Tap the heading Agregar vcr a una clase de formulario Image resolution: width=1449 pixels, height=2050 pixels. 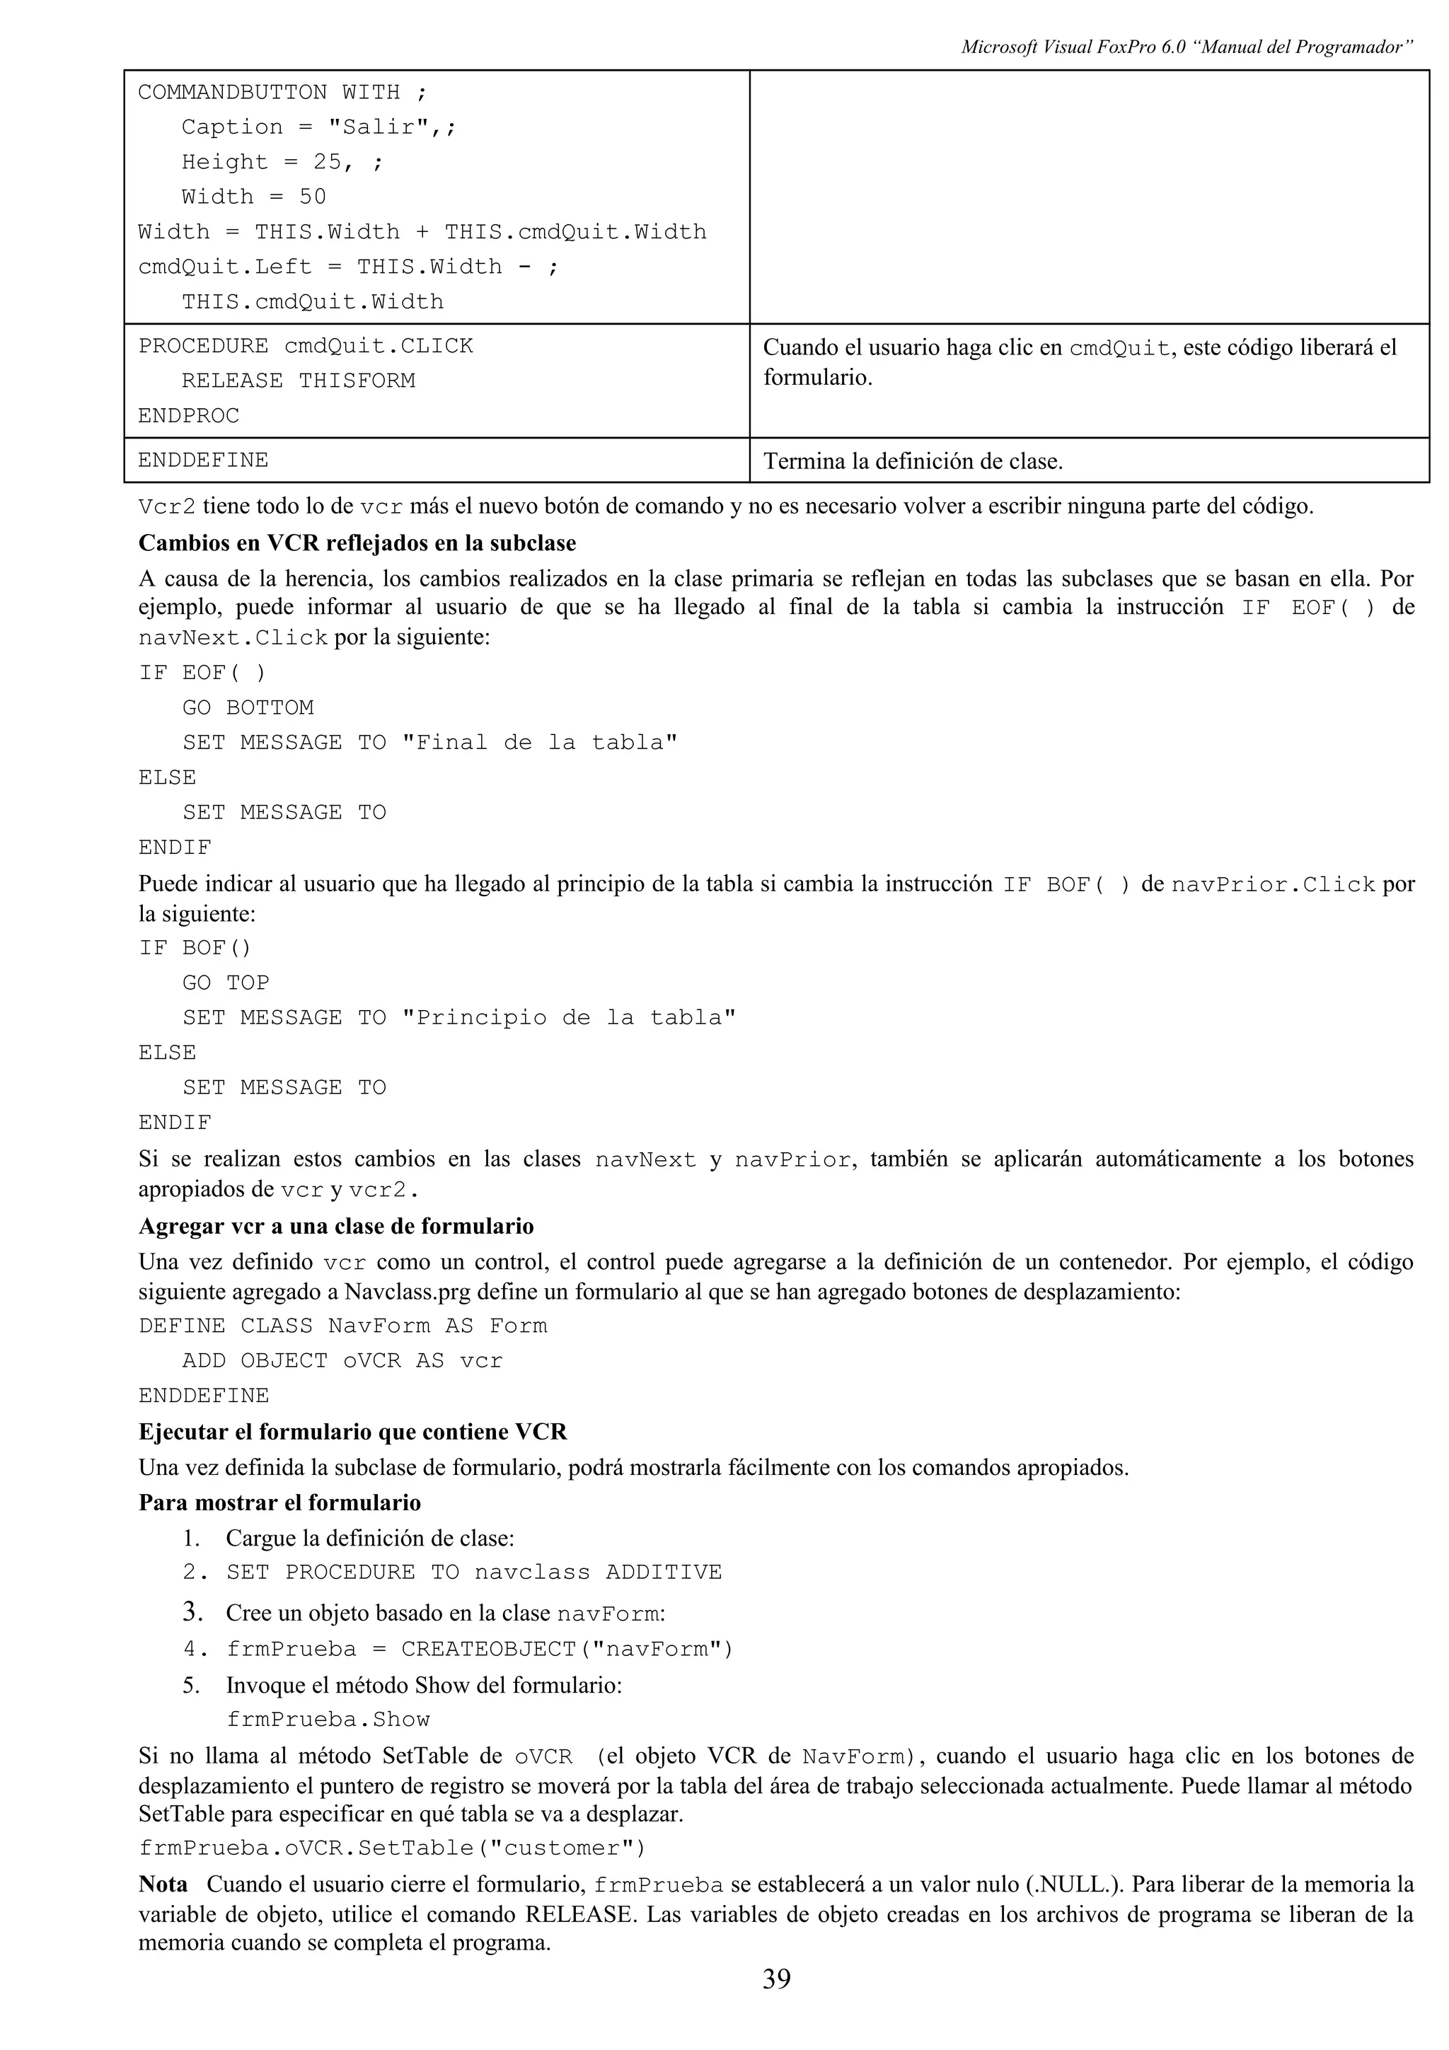coord(335,1226)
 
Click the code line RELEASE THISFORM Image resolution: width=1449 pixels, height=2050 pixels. coord(298,381)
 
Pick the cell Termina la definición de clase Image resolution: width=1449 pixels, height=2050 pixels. coord(913,462)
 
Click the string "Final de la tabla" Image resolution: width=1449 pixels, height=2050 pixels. coord(539,742)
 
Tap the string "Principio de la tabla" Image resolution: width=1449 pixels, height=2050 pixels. coord(568,1017)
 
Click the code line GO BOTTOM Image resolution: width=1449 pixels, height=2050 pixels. coord(248,707)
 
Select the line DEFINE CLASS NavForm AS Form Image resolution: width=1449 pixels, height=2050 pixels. coord(343,1325)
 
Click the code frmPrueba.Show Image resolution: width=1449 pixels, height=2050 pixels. coord(328,1719)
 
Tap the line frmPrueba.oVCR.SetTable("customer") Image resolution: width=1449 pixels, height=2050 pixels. coord(391,1847)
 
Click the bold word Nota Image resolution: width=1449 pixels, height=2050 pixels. coord(163,1884)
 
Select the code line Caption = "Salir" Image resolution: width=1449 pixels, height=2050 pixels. coord(318,127)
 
